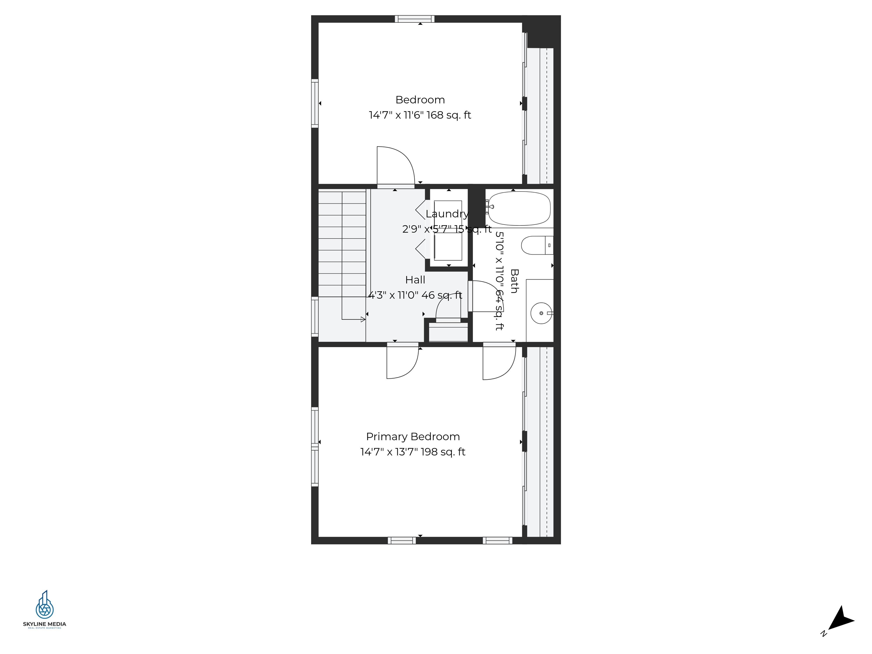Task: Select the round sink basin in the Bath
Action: point(541,313)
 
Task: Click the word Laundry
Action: point(447,214)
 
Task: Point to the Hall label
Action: point(415,280)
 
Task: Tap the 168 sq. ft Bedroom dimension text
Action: point(420,115)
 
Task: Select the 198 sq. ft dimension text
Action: point(413,452)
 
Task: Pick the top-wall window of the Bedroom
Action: point(415,19)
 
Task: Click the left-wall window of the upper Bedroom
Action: point(315,103)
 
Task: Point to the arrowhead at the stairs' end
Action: point(363,319)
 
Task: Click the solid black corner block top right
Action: point(543,32)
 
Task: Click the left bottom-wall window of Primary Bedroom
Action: point(402,540)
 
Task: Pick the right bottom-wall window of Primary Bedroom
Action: point(498,540)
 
